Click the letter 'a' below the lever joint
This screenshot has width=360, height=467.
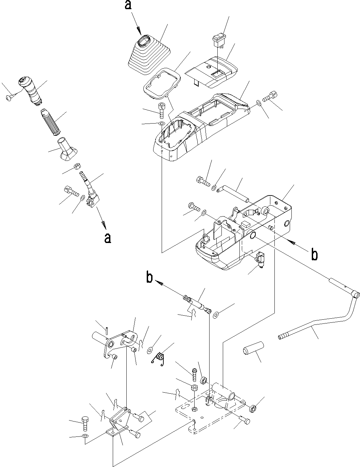pyautogui.click(x=107, y=238)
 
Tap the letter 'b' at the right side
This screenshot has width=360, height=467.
pyautogui.click(x=314, y=255)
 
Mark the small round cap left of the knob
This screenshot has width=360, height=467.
pyautogui.click(x=9, y=98)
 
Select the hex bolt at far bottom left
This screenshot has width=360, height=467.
pyautogui.click(x=85, y=422)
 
